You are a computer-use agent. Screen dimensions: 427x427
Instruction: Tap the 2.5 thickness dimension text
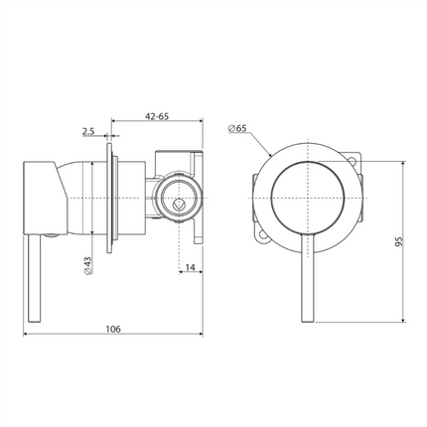click(x=88, y=130)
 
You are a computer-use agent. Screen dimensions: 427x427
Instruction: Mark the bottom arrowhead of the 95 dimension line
click(x=404, y=319)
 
